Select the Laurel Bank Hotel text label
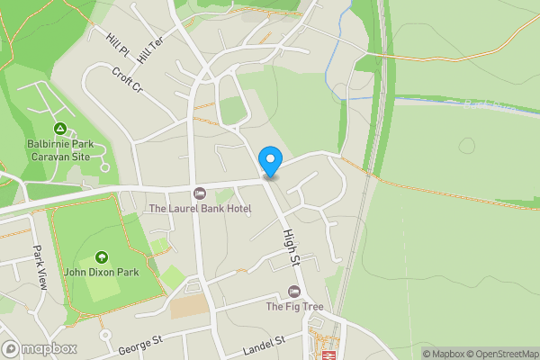point(200,209)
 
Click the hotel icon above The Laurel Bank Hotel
point(200,193)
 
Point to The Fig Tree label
point(293,306)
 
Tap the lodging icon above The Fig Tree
point(293,291)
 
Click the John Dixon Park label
point(101,272)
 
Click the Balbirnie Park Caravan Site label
point(60,149)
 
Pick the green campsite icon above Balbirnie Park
point(60,129)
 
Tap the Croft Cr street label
point(126,78)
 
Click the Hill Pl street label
point(117,42)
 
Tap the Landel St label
point(264,343)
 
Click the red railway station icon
point(328,355)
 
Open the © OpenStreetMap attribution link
point(500,354)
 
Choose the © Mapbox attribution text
point(442,354)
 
